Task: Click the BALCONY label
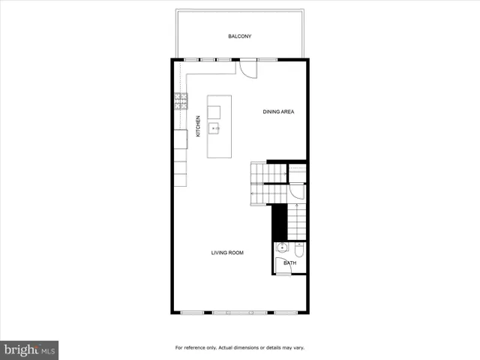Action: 239,36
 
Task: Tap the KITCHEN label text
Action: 198,125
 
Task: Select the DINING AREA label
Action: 278,112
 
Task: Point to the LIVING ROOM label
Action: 227,253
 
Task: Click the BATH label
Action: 289,263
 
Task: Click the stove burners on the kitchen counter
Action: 181,101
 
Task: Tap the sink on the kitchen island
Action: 214,129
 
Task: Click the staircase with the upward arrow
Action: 298,222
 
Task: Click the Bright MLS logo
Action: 30,349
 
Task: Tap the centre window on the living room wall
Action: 240,312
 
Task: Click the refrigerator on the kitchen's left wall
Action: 181,139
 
